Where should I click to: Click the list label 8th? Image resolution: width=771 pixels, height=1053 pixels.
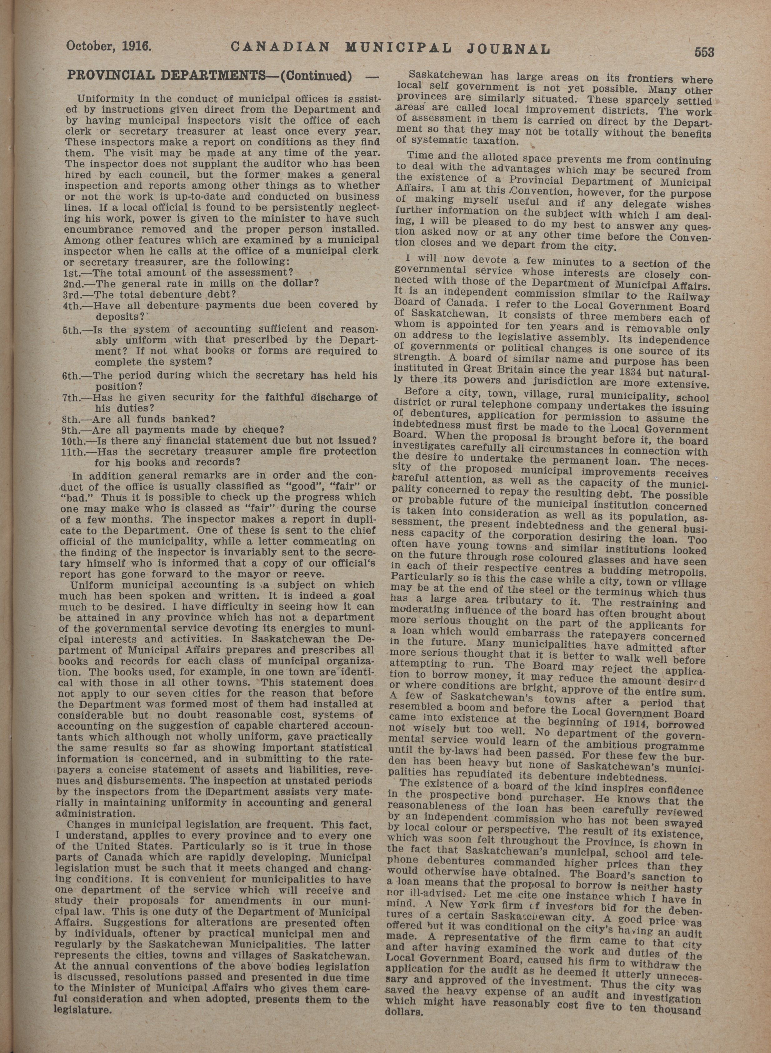coord(71,418)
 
